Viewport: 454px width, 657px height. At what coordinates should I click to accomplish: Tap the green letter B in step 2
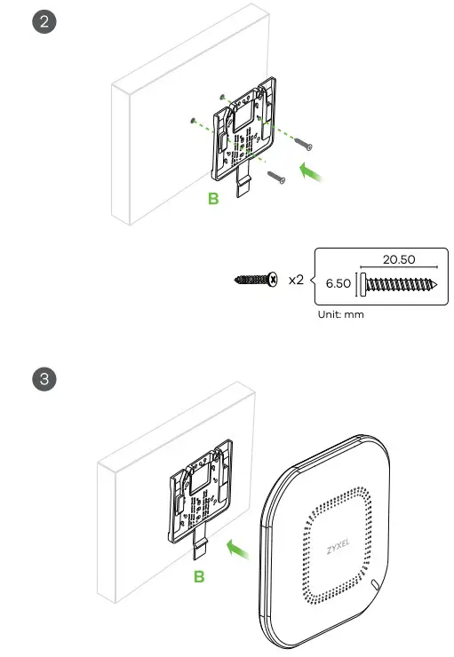(x=213, y=200)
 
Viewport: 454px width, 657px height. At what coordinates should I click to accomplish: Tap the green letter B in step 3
(x=201, y=575)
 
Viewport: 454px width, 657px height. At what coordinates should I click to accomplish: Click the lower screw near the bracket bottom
(x=276, y=177)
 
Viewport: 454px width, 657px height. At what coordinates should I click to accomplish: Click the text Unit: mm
(x=340, y=313)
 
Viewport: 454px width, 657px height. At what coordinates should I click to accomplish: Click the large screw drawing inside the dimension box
(x=401, y=284)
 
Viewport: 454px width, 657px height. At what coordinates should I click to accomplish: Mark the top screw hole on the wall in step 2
(x=223, y=95)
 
